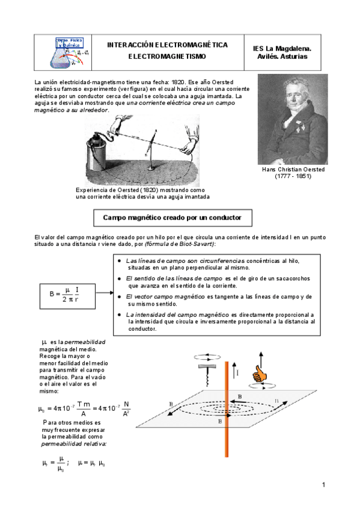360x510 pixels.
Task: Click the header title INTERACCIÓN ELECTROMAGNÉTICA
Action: point(167,45)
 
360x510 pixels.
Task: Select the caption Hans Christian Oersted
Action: point(293,170)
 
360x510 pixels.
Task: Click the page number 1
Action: point(323,485)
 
